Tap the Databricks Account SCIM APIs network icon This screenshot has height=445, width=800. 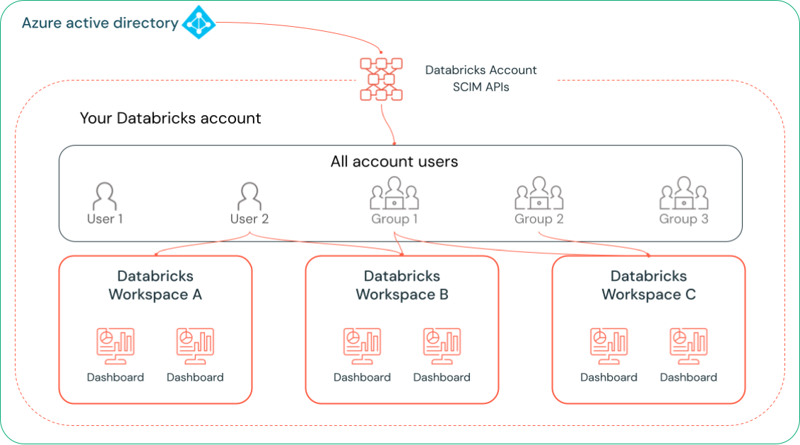381,78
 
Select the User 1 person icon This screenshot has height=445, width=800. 105,196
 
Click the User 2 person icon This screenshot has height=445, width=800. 249,196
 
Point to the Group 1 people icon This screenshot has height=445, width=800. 394,194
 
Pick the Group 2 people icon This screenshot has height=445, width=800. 539,194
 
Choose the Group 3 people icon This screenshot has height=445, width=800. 683,194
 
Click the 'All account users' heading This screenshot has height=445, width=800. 394,162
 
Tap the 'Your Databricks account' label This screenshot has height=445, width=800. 170,118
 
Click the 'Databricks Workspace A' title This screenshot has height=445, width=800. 155,285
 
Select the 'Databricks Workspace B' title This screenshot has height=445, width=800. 402,285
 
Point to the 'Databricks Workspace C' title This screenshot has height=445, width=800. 649,285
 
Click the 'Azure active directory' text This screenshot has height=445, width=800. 100,23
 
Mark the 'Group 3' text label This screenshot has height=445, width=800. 683,219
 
